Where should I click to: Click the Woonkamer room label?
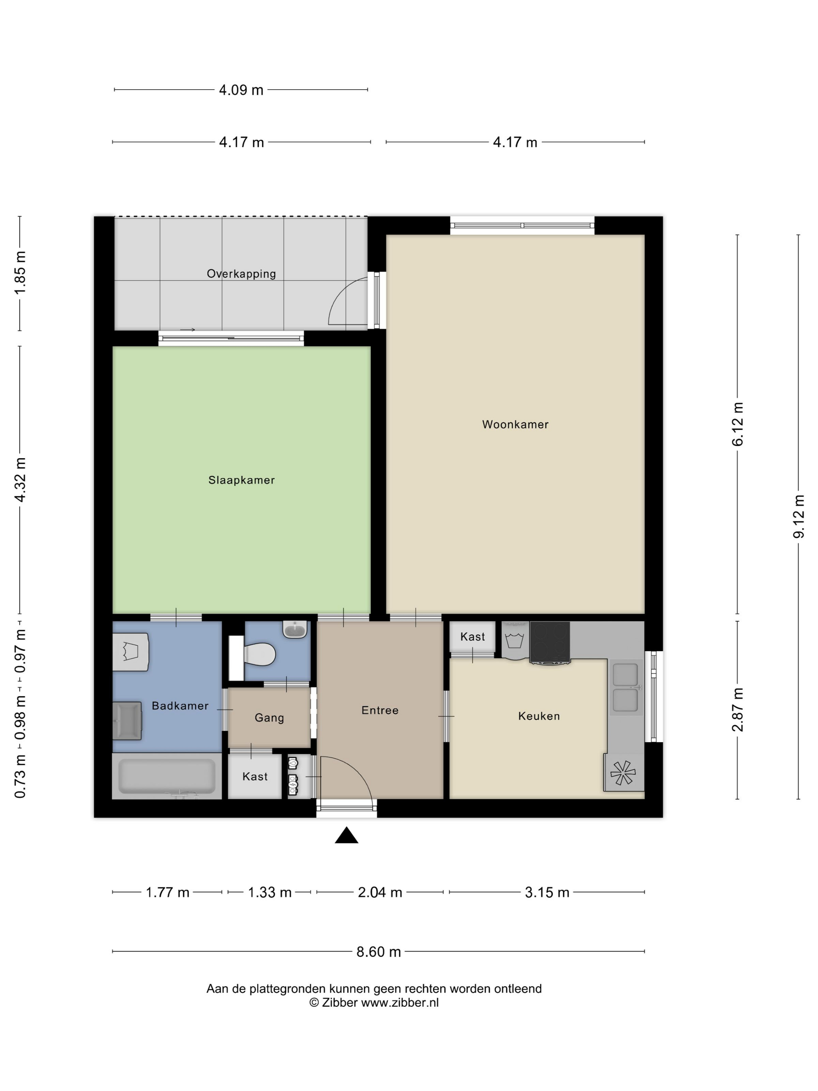pos(515,424)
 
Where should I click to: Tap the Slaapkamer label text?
pos(241,480)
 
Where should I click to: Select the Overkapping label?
pos(241,274)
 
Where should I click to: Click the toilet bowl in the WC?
pos(260,654)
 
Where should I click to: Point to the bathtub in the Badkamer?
pos(167,776)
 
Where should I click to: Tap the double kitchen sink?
pos(625,687)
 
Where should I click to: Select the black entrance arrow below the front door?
pos(346,835)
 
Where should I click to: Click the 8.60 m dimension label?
pos(378,952)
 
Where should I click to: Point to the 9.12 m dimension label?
pos(798,516)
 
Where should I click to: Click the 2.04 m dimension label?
pos(380,892)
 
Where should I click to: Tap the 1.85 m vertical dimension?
pos(20,273)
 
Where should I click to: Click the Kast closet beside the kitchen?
pos(472,637)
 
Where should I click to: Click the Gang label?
pos(269,718)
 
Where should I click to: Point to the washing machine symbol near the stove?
pos(514,640)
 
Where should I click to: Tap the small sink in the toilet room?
pos(295,629)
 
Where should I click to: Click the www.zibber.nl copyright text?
pos(373,1002)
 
